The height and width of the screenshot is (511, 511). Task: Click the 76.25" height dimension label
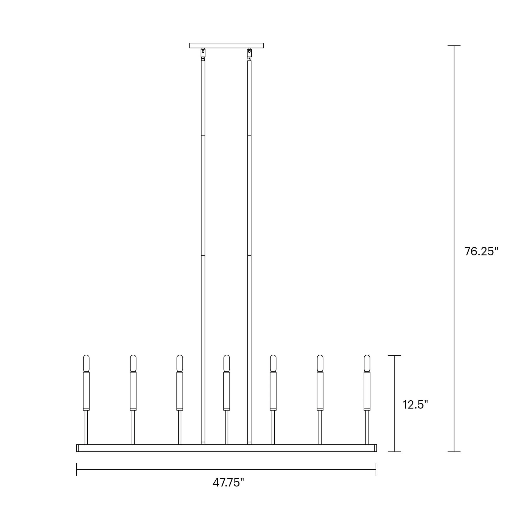[x=481, y=251]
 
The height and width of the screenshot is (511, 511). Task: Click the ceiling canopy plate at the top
[x=226, y=45]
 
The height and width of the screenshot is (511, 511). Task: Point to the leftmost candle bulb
[x=86, y=363]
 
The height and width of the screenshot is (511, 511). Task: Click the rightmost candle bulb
[x=367, y=363]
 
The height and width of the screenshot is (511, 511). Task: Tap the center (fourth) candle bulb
[x=226, y=363]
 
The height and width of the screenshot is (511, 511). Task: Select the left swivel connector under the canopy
[x=203, y=54]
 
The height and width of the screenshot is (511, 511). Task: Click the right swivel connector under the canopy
[x=249, y=54]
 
